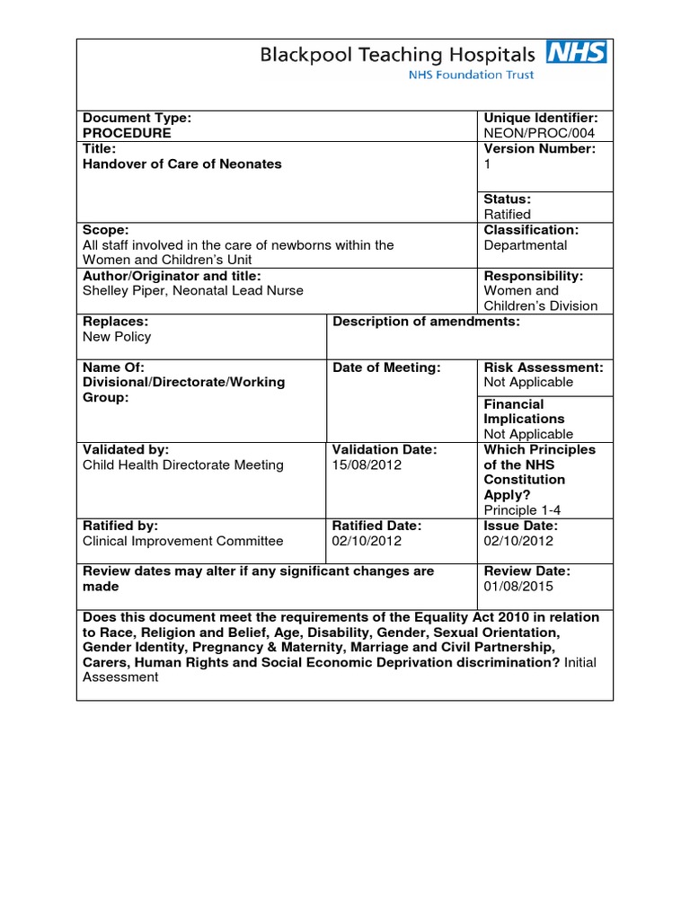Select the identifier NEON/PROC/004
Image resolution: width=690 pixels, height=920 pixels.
pyautogui.click(x=539, y=133)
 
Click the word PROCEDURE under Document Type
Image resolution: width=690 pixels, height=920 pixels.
pyautogui.click(x=127, y=133)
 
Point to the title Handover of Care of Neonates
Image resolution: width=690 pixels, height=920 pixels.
pyautogui.click(x=181, y=164)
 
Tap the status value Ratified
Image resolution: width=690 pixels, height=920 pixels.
pyautogui.click(x=507, y=214)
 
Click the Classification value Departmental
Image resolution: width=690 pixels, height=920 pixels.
pyautogui.click(x=525, y=244)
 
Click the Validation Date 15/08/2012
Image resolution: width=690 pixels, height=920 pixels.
pyautogui.click(x=367, y=464)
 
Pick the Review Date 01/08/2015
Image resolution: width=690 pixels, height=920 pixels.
pyautogui.click(x=518, y=586)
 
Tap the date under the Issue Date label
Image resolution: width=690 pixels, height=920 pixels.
pyautogui.click(x=518, y=541)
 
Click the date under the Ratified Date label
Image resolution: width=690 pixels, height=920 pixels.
pyautogui.click(x=367, y=541)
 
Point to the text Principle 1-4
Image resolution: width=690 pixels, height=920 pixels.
pyautogui.click(x=523, y=509)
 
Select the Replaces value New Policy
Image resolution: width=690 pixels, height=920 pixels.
pyautogui.click(x=117, y=337)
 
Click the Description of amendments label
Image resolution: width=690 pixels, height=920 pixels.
pyautogui.click(x=426, y=322)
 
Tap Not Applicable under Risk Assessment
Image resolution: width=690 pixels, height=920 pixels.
pyautogui.click(x=528, y=382)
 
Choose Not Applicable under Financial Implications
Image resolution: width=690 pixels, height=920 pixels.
pyautogui.click(x=528, y=434)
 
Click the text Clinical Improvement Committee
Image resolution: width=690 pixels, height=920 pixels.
pyautogui.click(x=182, y=541)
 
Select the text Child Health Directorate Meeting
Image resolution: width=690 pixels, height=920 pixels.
pyautogui.click(x=182, y=464)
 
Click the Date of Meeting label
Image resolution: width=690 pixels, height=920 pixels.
pyautogui.click(x=386, y=367)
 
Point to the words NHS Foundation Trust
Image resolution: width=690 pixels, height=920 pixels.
pyautogui.click(x=471, y=75)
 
